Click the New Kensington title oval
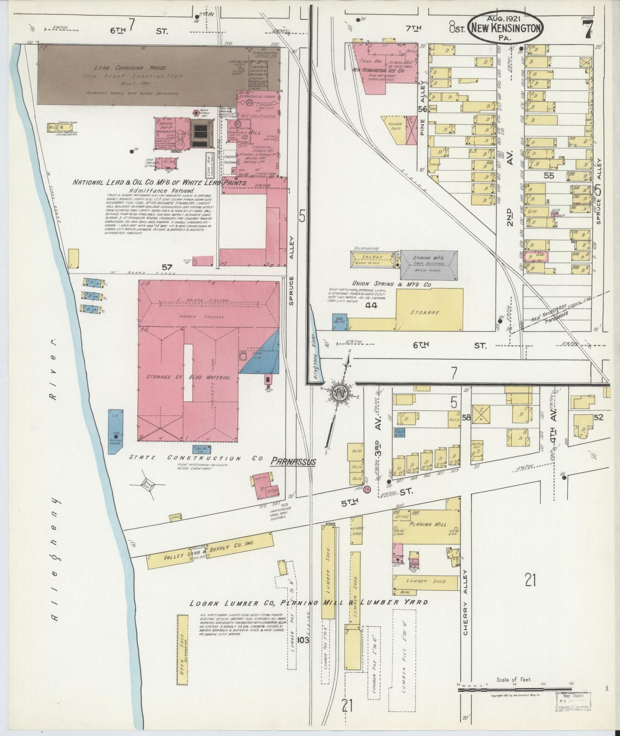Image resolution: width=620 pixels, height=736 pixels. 506,27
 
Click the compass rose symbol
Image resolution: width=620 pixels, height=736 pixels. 341,393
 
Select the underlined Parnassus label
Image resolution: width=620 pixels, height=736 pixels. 293,462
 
